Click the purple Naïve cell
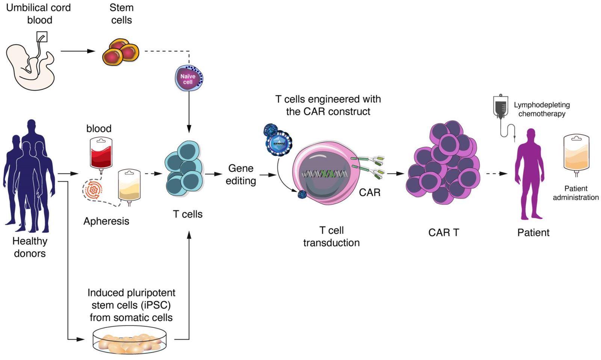tap(189, 78)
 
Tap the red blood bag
tap(101, 154)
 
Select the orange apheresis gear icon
tap(93, 190)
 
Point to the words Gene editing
tap(241, 175)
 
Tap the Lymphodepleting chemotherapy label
tap(542, 109)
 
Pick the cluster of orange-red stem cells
tap(121, 52)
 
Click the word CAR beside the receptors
tap(370, 193)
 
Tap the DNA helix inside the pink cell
tap(325, 174)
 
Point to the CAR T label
tap(444, 233)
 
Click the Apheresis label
tap(106, 221)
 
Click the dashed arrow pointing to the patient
tap(497, 174)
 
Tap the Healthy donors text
tap(30, 247)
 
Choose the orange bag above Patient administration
tap(576, 154)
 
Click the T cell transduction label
tap(331, 236)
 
